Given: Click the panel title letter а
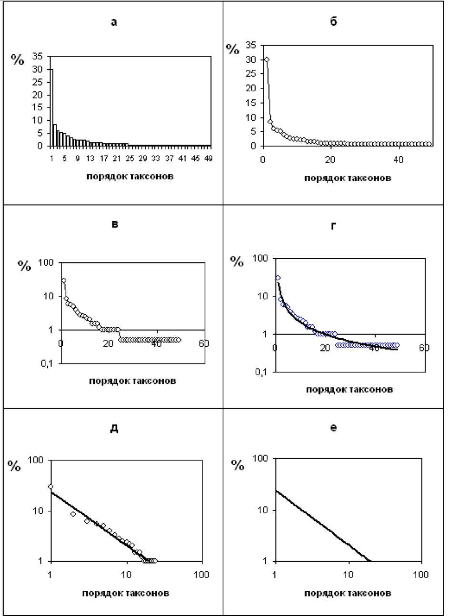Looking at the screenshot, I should click(114, 22).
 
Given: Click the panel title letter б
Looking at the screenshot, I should click(333, 22).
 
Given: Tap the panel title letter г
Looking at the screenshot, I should click(333, 225).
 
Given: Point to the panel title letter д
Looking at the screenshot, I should click(114, 428).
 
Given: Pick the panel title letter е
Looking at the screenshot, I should click(333, 428).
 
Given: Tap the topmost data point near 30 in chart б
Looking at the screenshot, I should click(267, 59).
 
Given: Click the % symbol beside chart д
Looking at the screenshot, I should click(15, 466).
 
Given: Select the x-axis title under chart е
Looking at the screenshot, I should click(348, 593).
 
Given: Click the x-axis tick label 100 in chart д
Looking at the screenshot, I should click(202, 574).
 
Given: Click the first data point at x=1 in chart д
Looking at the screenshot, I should click(50, 487).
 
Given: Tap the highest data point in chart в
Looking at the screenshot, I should click(63, 281).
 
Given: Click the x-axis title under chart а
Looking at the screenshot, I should click(130, 176).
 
